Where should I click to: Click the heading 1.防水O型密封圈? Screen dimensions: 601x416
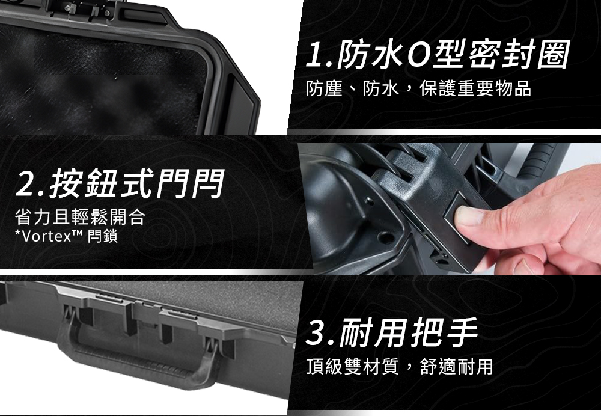click(438, 55)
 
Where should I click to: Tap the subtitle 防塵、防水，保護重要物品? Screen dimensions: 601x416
click(418, 88)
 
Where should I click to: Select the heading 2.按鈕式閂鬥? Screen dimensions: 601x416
click(120, 183)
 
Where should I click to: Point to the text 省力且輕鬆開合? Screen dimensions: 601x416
click(80, 216)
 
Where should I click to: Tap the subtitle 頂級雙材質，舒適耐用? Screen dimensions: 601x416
click(400, 366)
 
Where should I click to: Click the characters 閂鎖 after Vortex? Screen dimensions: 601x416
click(102, 236)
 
